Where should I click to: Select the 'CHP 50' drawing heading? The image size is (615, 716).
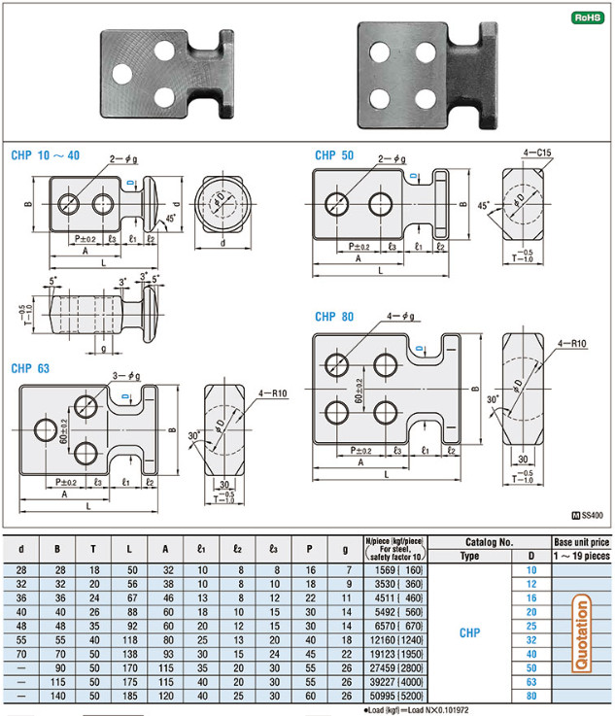(334, 155)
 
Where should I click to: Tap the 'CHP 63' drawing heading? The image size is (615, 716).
(30, 368)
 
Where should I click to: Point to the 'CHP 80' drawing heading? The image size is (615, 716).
(334, 317)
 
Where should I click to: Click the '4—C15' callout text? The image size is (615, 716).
(537, 153)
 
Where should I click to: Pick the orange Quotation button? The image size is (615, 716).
(582, 632)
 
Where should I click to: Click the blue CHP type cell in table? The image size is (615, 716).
(468, 632)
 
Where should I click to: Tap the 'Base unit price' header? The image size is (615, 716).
(582, 541)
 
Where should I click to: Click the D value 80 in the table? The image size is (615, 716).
(530, 696)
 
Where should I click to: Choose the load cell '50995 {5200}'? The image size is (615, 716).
(393, 696)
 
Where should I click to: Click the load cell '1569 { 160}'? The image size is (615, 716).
(393, 569)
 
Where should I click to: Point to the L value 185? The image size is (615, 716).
(131, 696)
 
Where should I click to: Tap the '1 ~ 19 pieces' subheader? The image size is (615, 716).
(582, 555)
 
